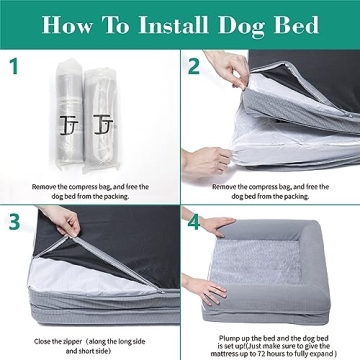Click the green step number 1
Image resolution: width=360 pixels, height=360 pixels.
click(13, 69)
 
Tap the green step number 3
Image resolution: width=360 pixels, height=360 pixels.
click(13, 221)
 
